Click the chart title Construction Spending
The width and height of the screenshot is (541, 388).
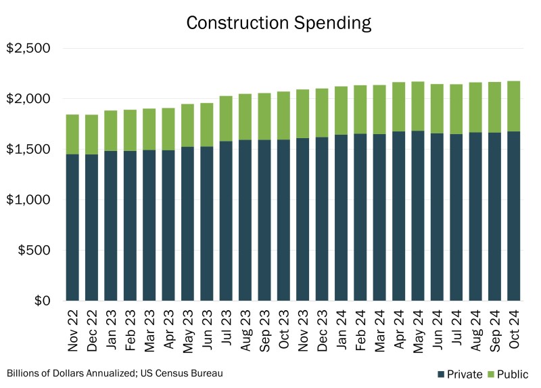[279, 22]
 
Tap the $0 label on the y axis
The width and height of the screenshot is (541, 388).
[42, 301]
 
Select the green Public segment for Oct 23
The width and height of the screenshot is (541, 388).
[284, 116]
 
